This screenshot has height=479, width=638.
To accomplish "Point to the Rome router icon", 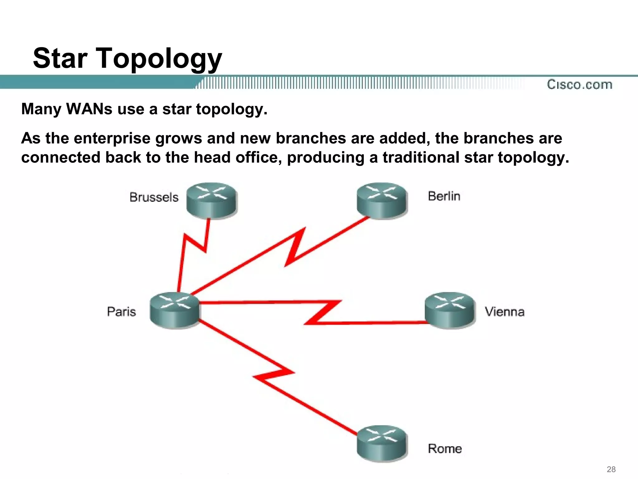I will click(382, 443).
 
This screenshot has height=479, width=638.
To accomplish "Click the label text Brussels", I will click(154, 197).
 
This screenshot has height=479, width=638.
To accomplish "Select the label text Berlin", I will click(444, 196).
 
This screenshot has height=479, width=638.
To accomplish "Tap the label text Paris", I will click(121, 312).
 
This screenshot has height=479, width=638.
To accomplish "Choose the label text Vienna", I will click(505, 312).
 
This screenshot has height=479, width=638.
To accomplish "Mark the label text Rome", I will click(445, 449).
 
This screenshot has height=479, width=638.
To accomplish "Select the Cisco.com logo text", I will click(579, 85).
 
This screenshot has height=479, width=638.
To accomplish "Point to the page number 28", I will click(611, 469).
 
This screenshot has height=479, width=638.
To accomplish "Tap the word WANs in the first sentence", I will click(89, 109).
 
